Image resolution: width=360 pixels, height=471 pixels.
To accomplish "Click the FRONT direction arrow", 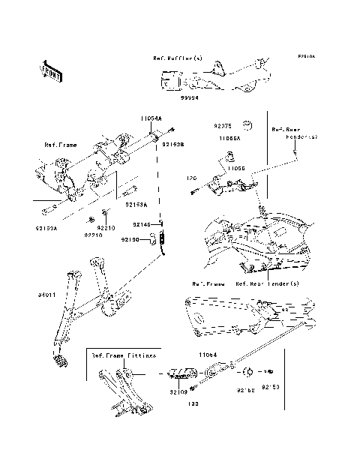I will pyautogui.click(x=51, y=70).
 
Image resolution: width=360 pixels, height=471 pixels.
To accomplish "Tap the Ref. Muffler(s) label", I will pyautogui.click(x=178, y=58).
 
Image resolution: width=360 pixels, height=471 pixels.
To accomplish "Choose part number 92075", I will pyautogui.click(x=223, y=127).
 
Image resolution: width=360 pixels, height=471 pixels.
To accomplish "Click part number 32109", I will pyautogui.click(x=178, y=391).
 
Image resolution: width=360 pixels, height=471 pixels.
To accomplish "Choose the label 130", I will pyautogui.click(x=192, y=404).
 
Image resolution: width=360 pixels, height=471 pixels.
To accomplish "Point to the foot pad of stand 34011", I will pyautogui.click(x=61, y=362).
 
